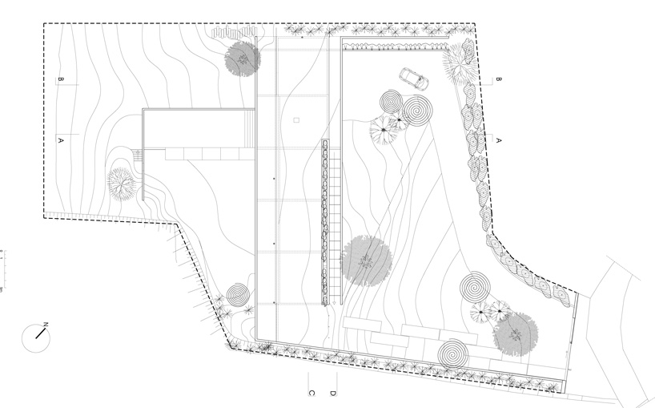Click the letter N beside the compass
(x=46, y=325)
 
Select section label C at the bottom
(x=311, y=393)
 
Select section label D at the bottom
(x=332, y=393)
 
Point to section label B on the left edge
(x=60, y=79)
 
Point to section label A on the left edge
(x=60, y=139)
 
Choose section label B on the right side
(x=498, y=79)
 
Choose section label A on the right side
(x=498, y=139)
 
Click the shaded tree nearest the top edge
(x=242, y=59)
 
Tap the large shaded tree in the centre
(x=367, y=261)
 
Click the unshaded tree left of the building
(x=122, y=184)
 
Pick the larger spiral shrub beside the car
(x=417, y=111)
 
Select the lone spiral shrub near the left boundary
(x=237, y=295)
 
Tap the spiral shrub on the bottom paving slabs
(x=454, y=352)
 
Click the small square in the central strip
(x=296, y=120)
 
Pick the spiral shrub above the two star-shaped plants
(x=476, y=286)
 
